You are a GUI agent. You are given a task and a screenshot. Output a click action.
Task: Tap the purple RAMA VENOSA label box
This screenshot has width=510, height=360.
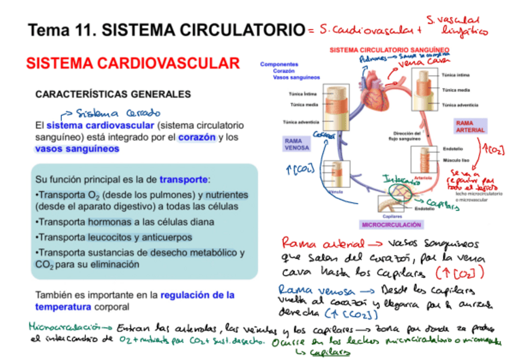pos(296,144)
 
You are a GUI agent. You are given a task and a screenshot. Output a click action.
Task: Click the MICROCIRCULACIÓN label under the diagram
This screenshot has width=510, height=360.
pos(391,224)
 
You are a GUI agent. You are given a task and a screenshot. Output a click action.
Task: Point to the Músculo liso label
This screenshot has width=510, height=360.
pos(455,161)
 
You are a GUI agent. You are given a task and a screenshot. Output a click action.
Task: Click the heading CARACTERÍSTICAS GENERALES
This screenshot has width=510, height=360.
pos(113,94)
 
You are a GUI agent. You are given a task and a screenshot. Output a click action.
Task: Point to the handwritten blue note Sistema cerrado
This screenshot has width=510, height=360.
pos(117,112)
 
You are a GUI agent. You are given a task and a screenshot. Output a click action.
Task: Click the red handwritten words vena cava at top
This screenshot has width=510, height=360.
pos(424,62)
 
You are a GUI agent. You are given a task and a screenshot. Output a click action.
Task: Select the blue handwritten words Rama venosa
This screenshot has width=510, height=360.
pos(312,289)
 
